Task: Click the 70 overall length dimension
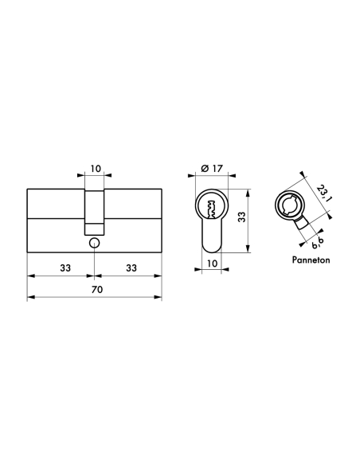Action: (95, 289)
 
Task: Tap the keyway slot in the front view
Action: (211, 209)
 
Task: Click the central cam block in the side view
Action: (95, 211)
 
